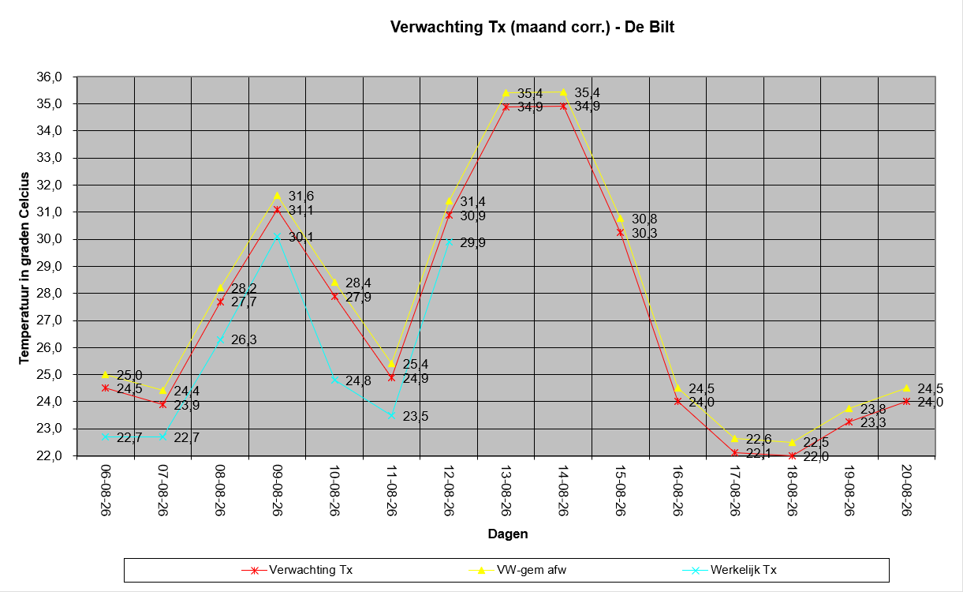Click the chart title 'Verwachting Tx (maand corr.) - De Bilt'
[532, 27]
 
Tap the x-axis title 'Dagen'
[508, 534]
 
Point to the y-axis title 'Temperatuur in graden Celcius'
[24, 268]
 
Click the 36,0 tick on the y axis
[49, 77]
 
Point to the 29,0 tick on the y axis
[49, 266]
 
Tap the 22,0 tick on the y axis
[49, 455]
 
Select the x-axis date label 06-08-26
[106, 490]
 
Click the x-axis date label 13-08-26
[506, 490]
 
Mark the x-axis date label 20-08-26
[907, 490]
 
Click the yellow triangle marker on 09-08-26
[278, 196]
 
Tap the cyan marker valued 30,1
[278, 237]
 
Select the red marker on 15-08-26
[621, 232]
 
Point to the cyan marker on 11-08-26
[392, 415]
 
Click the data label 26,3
[244, 340]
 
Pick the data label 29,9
[473, 242]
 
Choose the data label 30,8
[644, 219]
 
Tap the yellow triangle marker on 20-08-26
[907, 388]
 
